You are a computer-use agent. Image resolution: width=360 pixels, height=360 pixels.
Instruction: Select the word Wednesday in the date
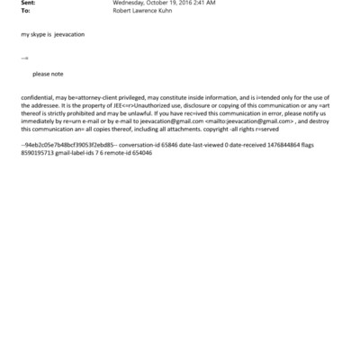pos(131,4)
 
